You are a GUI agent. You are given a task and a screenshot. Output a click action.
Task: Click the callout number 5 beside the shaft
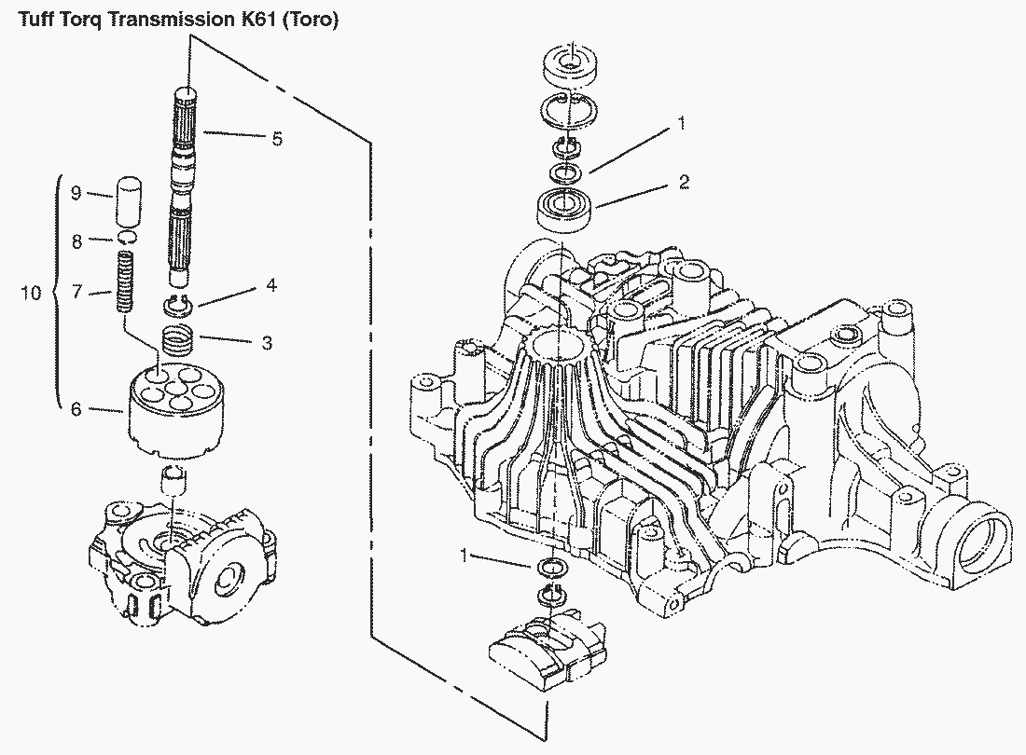click(277, 139)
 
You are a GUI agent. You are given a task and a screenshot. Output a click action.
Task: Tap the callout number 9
click(76, 193)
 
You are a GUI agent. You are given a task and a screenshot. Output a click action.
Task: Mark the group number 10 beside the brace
click(31, 294)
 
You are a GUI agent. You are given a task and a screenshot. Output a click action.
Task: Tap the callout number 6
click(76, 408)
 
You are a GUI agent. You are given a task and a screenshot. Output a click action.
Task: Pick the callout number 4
click(270, 286)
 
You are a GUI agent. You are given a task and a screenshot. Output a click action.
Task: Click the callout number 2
click(684, 182)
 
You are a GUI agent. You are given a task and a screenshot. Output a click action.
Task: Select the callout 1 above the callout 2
click(682, 122)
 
